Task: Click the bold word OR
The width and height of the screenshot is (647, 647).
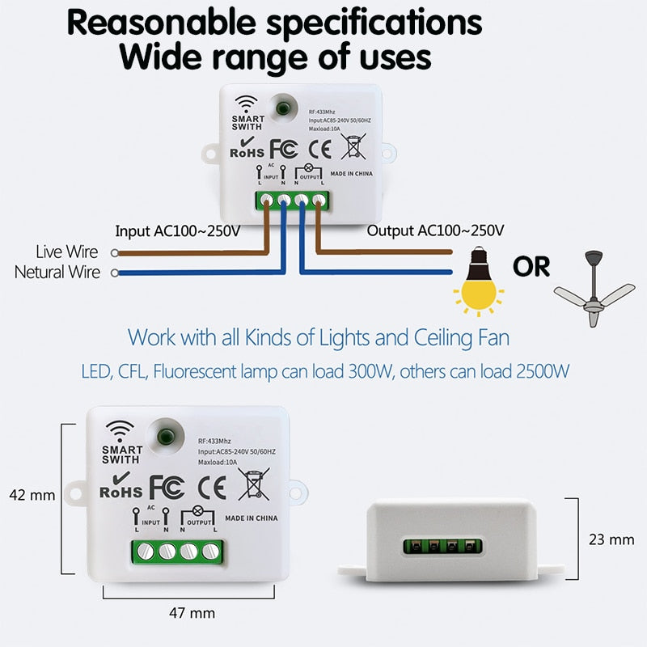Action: point(531,266)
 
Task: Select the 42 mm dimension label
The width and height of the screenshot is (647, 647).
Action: point(31,495)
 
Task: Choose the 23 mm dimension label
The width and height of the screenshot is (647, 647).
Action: point(611,539)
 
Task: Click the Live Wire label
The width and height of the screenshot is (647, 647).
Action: point(67,253)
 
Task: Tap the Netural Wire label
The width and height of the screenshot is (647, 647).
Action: point(57,273)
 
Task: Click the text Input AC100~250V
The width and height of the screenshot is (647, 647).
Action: point(178,231)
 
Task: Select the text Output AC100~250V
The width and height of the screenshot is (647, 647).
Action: point(436,231)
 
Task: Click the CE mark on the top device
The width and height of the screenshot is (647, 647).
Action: point(322,149)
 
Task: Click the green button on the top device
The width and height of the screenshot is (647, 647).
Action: point(284,108)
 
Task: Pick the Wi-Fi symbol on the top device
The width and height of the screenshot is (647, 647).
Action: point(246,104)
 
